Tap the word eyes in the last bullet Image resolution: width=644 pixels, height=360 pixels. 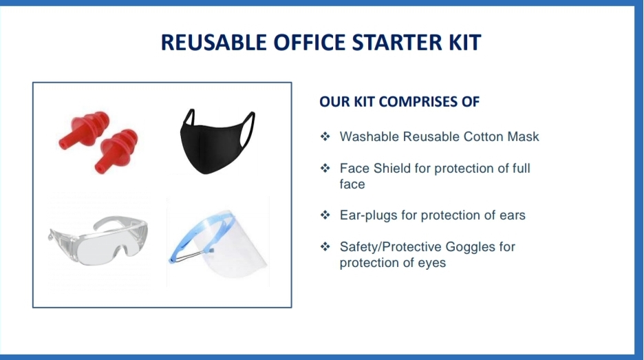[x=430, y=263]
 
